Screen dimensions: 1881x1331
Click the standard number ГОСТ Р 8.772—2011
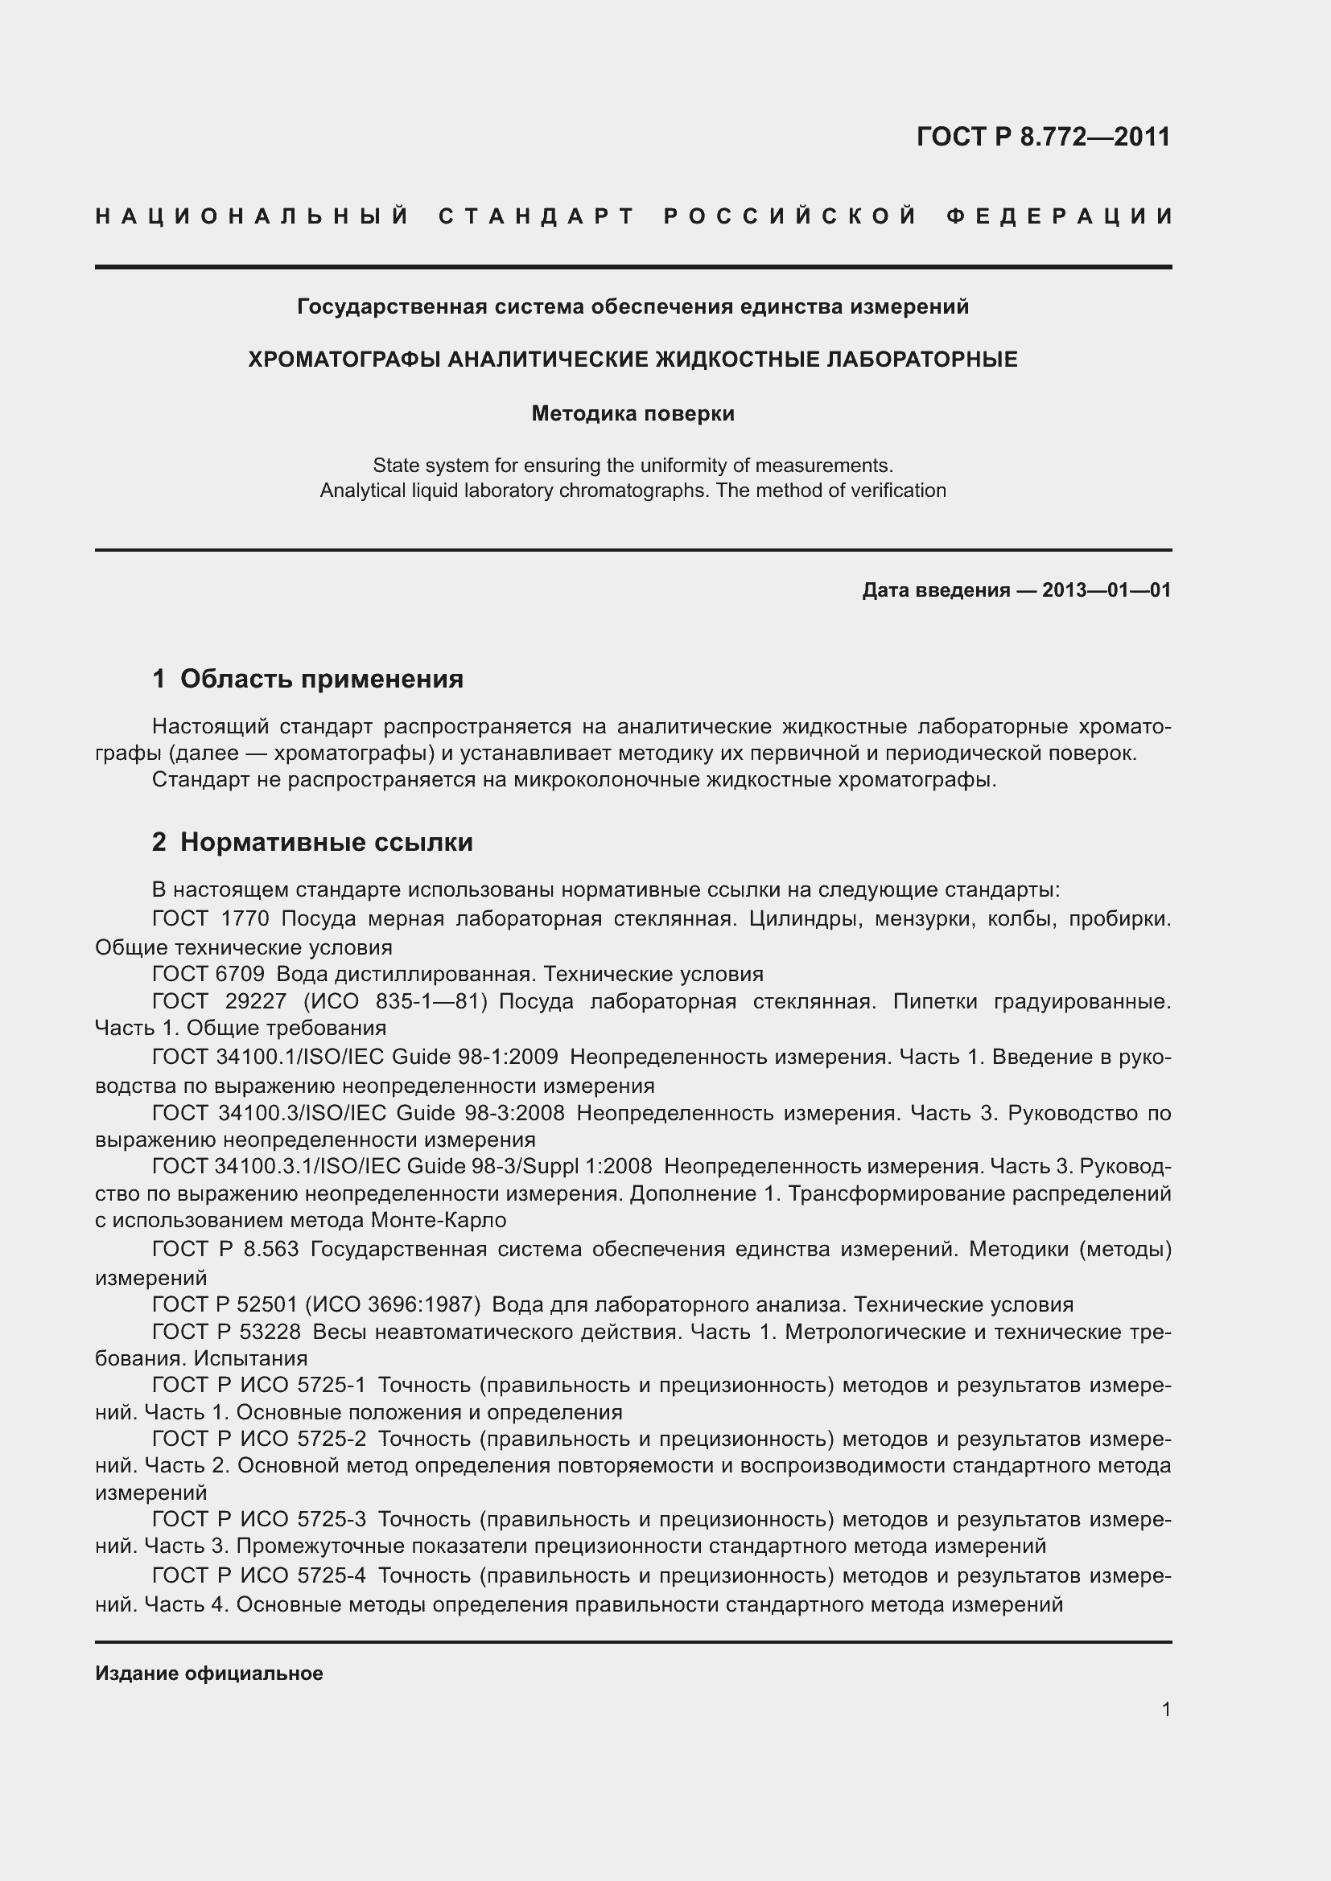click(x=1044, y=136)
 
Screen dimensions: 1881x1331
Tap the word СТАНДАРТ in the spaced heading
click(x=538, y=217)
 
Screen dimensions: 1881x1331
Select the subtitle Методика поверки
click(x=633, y=413)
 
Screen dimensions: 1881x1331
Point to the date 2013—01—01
click(x=1106, y=589)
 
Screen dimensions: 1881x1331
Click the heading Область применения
click(x=321, y=680)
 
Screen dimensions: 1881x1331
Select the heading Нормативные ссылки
click(x=326, y=842)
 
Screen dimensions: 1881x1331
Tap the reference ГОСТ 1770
click(x=211, y=919)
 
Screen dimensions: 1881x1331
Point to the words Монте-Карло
click(x=439, y=1220)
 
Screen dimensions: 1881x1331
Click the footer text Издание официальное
click(x=209, y=1673)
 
